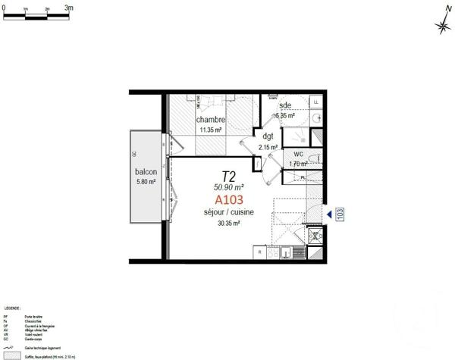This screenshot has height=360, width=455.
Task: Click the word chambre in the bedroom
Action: click(210, 121)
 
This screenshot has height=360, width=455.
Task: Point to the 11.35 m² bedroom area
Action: click(210, 130)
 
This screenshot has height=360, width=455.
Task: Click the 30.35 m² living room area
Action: click(229, 224)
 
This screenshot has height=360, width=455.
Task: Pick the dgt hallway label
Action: click(268, 136)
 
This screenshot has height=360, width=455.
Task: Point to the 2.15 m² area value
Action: click(268, 147)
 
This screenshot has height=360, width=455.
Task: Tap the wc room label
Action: click(298, 154)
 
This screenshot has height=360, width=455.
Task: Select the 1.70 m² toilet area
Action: click(298, 163)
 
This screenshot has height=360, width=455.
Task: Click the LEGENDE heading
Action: click(12, 309)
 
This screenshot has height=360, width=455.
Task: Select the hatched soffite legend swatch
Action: click(13, 355)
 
